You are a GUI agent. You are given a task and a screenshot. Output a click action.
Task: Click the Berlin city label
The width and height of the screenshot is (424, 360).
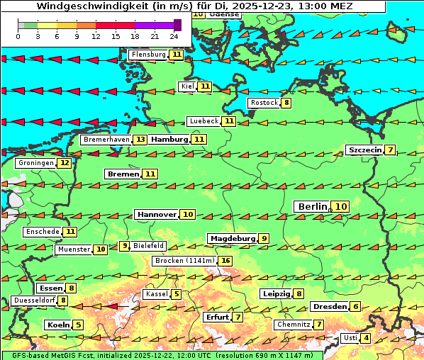[x=312, y=206]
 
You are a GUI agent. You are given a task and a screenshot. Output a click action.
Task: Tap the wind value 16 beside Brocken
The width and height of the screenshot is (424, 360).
[x=225, y=261]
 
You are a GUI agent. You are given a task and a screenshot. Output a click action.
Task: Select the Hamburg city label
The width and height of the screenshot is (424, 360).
[x=169, y=140]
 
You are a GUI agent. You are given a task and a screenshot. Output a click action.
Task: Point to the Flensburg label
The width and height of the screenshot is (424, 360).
[x=148, y=55]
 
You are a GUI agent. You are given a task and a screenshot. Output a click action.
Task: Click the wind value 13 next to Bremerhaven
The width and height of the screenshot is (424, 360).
[x=140, y=140]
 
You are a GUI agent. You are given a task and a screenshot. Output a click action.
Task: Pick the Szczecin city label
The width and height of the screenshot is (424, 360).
[x=364, y=150]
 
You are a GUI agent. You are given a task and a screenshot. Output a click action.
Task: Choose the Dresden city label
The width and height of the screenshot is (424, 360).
[x=329, y=307]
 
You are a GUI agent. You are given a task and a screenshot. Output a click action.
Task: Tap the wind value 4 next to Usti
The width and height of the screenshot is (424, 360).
[x=366, y=338]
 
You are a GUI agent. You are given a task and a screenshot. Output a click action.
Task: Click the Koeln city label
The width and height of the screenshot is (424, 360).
[x=57, y=325]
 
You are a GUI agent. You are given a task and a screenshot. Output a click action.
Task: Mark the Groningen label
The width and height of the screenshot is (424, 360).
[x=36, y=163]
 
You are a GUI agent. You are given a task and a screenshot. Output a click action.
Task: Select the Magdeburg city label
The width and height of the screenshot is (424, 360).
[x=232, y=238]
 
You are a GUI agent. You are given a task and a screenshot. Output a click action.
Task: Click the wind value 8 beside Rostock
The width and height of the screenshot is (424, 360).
[x=286, y=103]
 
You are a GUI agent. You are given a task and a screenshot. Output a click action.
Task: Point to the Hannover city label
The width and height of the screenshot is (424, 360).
[x=157, y=214]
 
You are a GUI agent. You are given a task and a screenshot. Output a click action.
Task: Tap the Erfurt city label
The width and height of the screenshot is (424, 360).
[x=217, y=317]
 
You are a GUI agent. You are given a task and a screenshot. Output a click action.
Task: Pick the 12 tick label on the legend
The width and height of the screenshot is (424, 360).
[x=95, y=36]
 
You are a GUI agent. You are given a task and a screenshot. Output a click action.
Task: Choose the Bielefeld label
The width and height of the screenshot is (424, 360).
[x=149, y=246]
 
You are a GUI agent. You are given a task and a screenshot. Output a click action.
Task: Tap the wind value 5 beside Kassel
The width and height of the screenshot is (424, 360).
[x=177, y=294]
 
